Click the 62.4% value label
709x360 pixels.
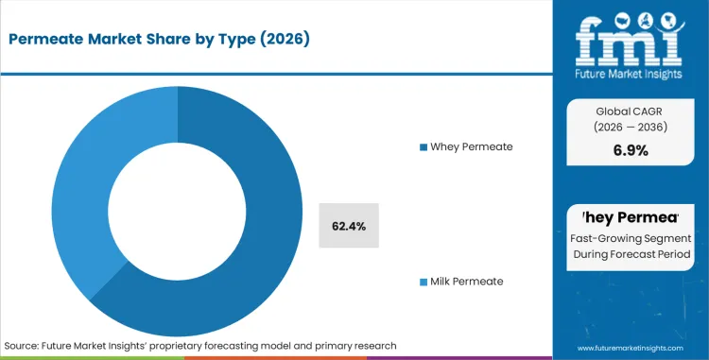349,226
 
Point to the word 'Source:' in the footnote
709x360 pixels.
26,345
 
